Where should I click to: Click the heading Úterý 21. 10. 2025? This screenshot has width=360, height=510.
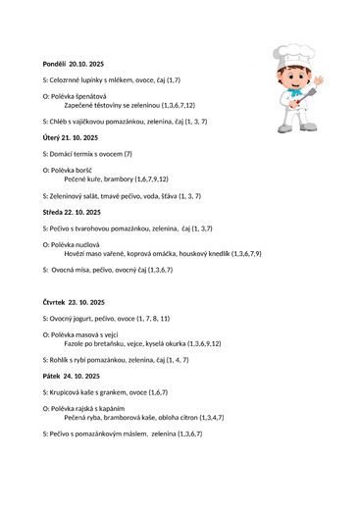pyautogui.click(x=71, y=137)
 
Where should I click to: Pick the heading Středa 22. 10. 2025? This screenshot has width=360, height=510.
pyautogui.click(x=72, y=212)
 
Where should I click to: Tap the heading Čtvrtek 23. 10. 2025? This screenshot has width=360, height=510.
pyautogui.click(x=74, y=301)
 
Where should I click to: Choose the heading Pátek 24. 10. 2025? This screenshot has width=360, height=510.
pyautogui.click(x=70, y=376)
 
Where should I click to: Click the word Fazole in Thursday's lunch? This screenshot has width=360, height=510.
pyautogui.click(x=74, y=344)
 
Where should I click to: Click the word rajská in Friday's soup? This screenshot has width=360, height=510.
pyautogui.click(x=90, y=407)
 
